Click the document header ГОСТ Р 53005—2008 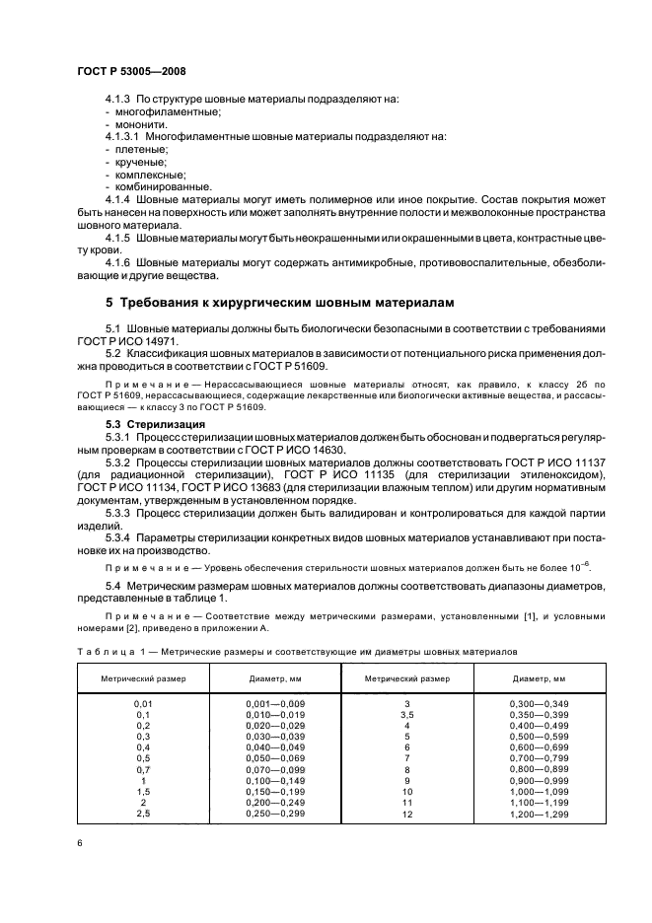point(130,72)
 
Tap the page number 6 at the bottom point(79,843)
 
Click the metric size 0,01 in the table point(141,702)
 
